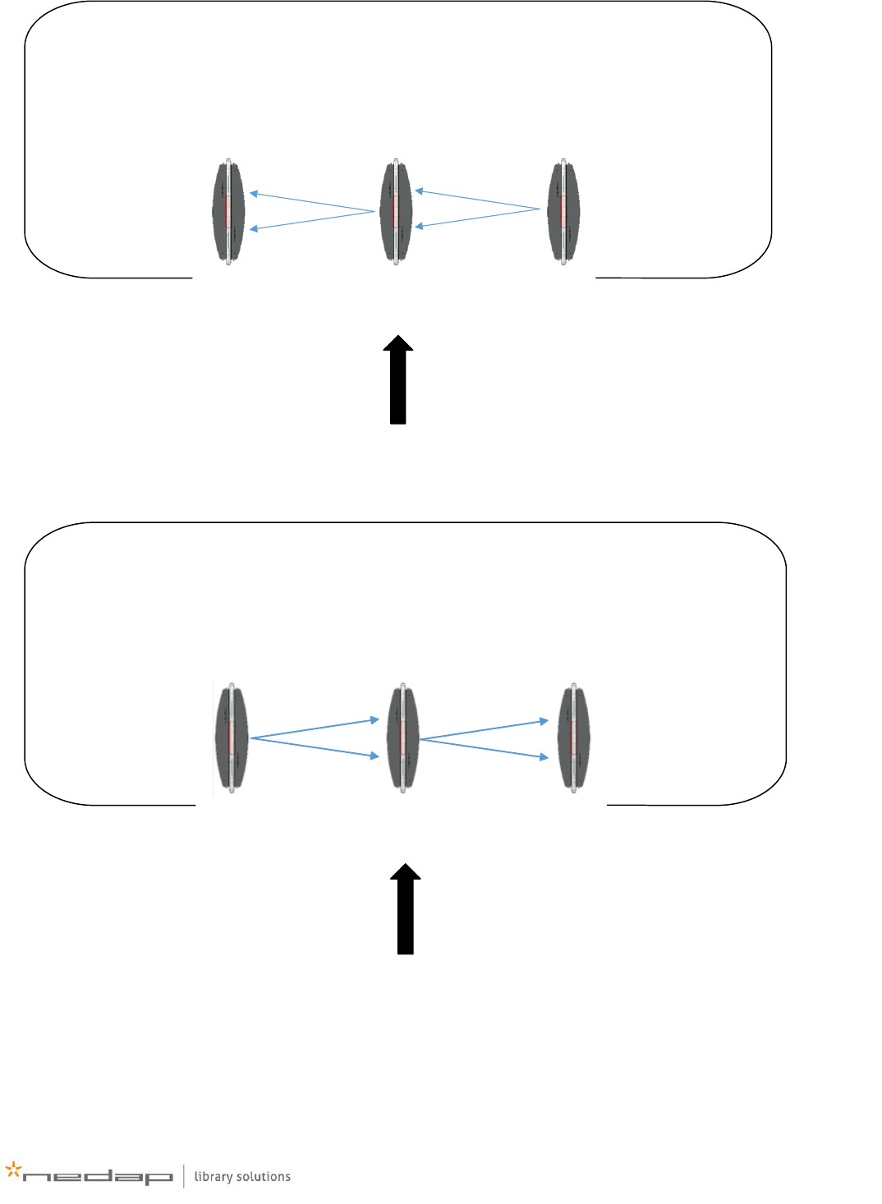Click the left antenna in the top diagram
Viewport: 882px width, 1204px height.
tap(229, 211)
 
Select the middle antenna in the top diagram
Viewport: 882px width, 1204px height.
tap(396, 211)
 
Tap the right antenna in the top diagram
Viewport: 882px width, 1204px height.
tap(563, 211)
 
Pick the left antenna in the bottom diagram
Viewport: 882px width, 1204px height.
tap(232, 738)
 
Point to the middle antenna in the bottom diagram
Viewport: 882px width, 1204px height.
tap(402, 738)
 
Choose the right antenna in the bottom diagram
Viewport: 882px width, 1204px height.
tap(573, 738)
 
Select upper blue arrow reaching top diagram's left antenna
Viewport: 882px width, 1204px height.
tap(312, 202)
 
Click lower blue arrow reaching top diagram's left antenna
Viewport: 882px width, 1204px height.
tap(312, 220)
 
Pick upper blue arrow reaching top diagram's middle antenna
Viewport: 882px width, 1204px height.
tap(477, 200)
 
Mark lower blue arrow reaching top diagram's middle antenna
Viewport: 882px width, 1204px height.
tap(477, 218)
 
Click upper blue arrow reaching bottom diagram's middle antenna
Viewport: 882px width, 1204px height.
tap(315, 729)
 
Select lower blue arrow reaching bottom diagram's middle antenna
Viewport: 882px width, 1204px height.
tap(315, 747)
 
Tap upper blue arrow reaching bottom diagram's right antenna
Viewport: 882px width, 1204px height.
tap(484, 730)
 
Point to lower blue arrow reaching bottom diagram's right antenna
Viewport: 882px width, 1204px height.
tap(484, 748)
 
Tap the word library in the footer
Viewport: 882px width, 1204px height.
tap(214, 1177)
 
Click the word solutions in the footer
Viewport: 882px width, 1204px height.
tap(264, 1177)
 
